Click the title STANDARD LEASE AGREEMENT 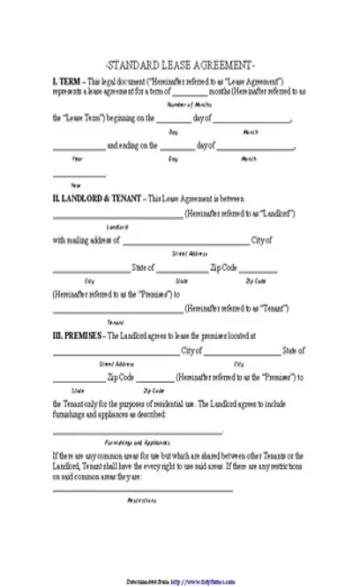tap(180, 65)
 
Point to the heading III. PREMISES tap(78, 336)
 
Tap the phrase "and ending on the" tap(133, 146)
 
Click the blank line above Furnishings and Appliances tap(138, 433)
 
